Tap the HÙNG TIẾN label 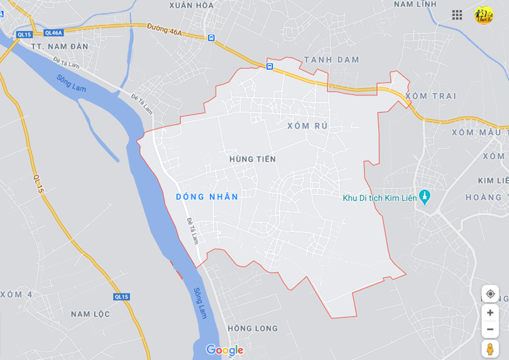pyautogui.click(x=253, y=159)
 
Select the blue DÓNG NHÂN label pyautogui.click(x=207, y=197)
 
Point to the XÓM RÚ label pyautogui.click(x=307, y=126)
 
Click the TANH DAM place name pyautogui.click(x=331, y=60)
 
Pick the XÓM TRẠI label pyautogui.click(x=430, y=95)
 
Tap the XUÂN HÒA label pyautogui.click(x=191, y=6)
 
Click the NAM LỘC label pyautogui.click(x=90, y=314)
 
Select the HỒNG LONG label pyautogui.click(x=253, y=328)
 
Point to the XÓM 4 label pyautogui.click(x=16, y=294)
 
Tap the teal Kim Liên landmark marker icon pyautogui.click(x=424, y=197)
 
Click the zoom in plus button pyautogui.click(x=490, y=312)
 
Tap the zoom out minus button pyautogui.click(x=490, y=329)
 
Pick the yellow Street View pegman pyautogui.click(x=490, y=349)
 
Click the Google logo pyautogui.click(x=224, y=350)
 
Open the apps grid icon pyautogui.click(x=457, y=14)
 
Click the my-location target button pyautogui.click(x=490, y=293)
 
